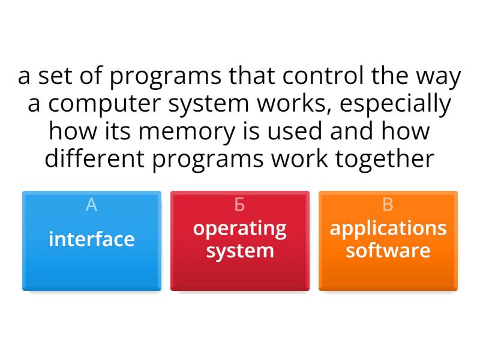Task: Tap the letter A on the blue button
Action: pos(91,205)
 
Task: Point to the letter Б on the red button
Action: pos(239,205)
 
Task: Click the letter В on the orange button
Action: pos(388,205)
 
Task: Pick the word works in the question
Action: pos(295,104)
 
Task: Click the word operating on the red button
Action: pos(239,229)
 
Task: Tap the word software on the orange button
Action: pos(388,250)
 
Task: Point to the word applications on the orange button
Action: pos(388,229)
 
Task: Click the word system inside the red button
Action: pos(239,250)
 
